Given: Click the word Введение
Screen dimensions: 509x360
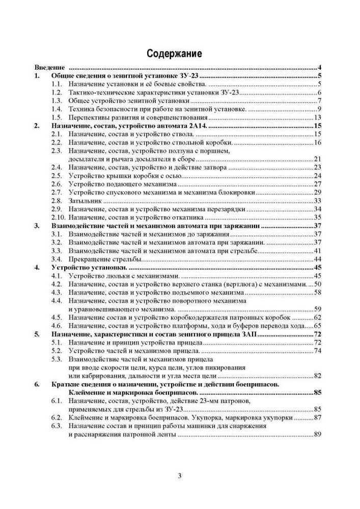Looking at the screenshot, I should pyautogui.click(x=49, y=68).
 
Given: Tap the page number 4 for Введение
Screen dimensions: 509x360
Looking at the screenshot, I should pyautogui.click(x=318, y=68).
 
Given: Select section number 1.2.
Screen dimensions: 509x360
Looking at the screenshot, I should pyautogui.click(x=57, y=92).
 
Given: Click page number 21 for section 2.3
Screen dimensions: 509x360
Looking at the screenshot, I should pyautogui.click(x=317, y=159).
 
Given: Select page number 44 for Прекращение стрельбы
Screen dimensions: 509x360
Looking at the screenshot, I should pyautogui.click(x=317, y=259).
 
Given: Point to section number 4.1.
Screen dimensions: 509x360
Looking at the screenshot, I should pyautogui.click(x=57, y=275).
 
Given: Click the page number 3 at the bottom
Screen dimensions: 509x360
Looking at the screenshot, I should pyautogui.click(x=180, y=476).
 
